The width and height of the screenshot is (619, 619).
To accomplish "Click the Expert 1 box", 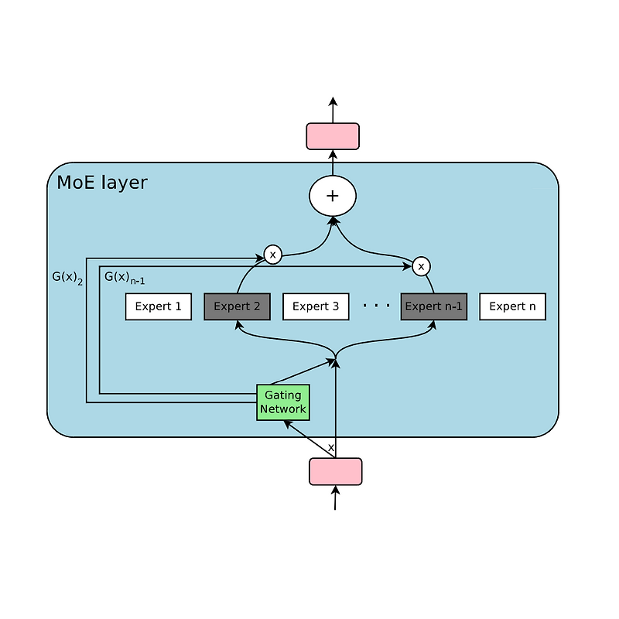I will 158,306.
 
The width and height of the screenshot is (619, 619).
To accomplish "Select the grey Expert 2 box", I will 237,306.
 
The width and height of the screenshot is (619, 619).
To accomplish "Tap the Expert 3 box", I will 316,306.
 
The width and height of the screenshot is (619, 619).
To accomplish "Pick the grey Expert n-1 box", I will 434,306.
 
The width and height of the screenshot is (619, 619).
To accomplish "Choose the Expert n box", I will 512,306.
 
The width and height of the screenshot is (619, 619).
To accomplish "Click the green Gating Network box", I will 283,402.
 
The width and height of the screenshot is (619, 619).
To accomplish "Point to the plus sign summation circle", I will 333,196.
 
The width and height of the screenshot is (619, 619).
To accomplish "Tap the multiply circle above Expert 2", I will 272,254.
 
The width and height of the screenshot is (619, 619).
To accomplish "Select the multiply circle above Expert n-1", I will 421,266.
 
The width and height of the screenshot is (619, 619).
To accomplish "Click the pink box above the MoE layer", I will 333,136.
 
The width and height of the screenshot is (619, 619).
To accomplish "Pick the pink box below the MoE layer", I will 336,471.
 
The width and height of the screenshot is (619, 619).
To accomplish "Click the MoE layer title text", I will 102,183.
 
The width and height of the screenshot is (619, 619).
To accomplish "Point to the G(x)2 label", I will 67,276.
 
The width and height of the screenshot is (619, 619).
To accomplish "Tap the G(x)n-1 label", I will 124,277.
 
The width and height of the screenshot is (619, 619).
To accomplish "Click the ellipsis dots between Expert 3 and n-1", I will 376,306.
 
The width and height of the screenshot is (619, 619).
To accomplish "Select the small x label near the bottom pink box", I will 331,448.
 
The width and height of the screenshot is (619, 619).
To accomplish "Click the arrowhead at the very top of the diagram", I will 333,101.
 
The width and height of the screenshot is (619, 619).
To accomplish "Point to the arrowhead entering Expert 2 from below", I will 238,324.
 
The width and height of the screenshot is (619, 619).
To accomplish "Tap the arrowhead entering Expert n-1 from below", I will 433,324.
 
